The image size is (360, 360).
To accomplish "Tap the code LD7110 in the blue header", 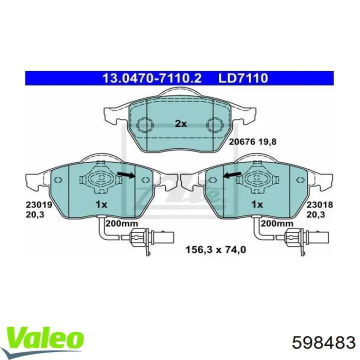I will pos(243,78).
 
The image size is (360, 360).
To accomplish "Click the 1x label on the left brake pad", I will pos(101,204).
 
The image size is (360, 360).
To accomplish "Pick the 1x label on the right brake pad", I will pos(257,204).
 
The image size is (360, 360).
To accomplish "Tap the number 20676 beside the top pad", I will pos(242,141).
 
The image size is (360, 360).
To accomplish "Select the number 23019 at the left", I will pos(34,204).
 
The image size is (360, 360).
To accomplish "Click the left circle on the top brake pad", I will pos(145,124).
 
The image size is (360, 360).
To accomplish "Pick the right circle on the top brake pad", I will pos(215,124).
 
